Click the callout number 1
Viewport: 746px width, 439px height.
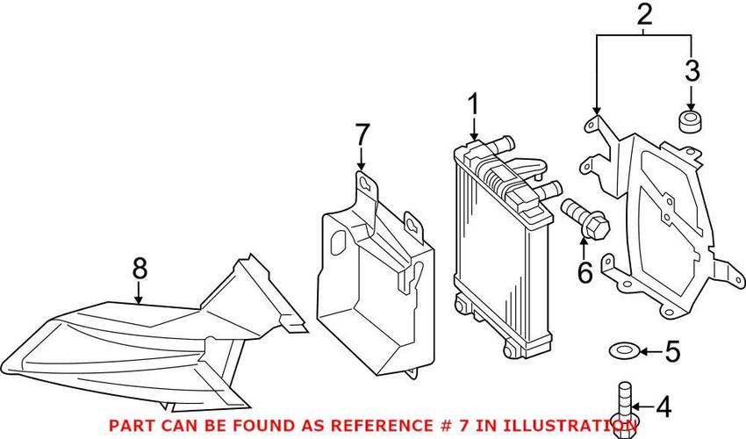point(473,105)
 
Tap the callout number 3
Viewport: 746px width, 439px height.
point(692,70)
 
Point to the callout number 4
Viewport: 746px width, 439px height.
point(664,407)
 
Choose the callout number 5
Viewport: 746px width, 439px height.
point(672,351)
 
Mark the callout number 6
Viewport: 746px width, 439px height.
point(585,272)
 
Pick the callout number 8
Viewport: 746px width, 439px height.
point(140,269)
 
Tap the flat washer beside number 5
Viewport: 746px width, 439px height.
point(624,351)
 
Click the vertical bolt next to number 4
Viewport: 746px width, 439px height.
point(624,409)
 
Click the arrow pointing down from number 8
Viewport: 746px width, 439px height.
point(139,293)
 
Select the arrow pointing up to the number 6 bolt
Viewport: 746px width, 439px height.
point(585,248)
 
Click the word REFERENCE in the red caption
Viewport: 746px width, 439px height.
point(374,425)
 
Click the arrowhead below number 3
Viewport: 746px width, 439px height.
point(692,108)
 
